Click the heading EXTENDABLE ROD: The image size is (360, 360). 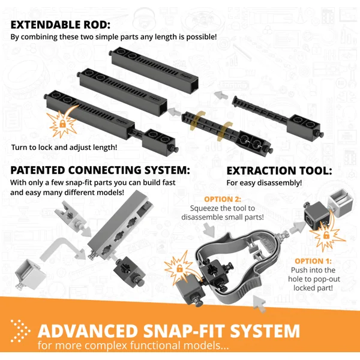pyautogui.click(x=61, y=25)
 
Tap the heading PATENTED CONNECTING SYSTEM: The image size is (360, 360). pyautogui.click(x=100, y=170)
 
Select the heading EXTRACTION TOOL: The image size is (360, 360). pyautogui.click(x=279, y=171)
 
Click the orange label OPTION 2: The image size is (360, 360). pyautogui.click(x=223, y=199)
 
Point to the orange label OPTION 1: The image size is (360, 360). pyautogui.click(x=313, y=261)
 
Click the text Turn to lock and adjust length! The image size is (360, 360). pyautogui.click(x=64, y=147)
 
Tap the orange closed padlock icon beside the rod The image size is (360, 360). pyautogui.click(x=62, y=124)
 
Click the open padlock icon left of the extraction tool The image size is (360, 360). pyautogui.click(x=179, y=268)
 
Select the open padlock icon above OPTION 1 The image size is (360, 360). pyautogui.click(x=326, y=235)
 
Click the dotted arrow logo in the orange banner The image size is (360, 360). pyautogui.click(x=20, y=331)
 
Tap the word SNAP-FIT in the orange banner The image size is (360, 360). pyautogui.click(x=184, y=331)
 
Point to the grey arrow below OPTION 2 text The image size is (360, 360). pyautogui.click(x=209, y=230)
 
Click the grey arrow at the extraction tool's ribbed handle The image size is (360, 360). pyautogui.click(x=259, y=304)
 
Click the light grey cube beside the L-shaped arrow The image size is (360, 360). pyautogui.click(x=29, y=274)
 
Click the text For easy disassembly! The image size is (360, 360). pyautogui.click(x=264, y=183)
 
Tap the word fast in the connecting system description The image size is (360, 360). pyautogui.click(x=167, y=182)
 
